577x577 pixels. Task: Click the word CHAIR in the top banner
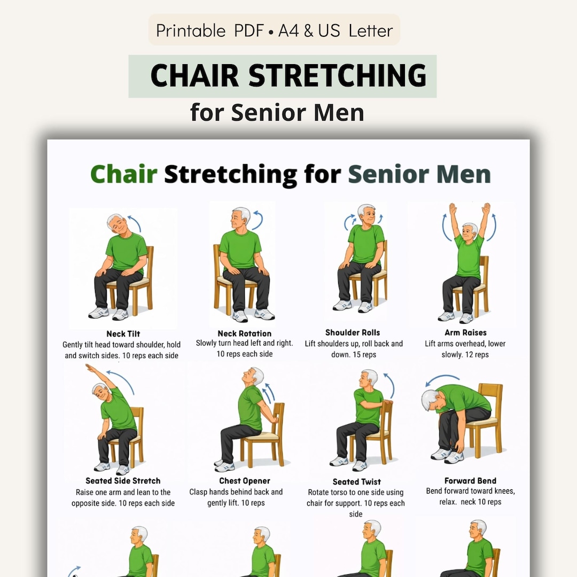pyautogui.click(x=196, y=76)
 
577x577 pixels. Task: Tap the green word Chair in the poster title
pyautogui.click(x=123, y=174)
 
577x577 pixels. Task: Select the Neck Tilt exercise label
pyautogui.click(x=123, y=334)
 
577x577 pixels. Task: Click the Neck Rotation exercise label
pyautogui.click(x=245, y=333)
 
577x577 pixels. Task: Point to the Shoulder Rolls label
pyautogui.click(x=353, y=333)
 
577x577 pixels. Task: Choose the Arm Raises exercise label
pyautogui.click(x=465, y=333)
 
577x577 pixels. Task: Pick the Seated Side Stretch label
pyautogui.click(x=123, y=481)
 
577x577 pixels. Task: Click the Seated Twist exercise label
pyautogui.click(x=357, y=481)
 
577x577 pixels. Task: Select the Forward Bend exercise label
pyautogui.click(x=470, y=481)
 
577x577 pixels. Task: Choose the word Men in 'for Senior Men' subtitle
pyautogui.click(x=339, y=113)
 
